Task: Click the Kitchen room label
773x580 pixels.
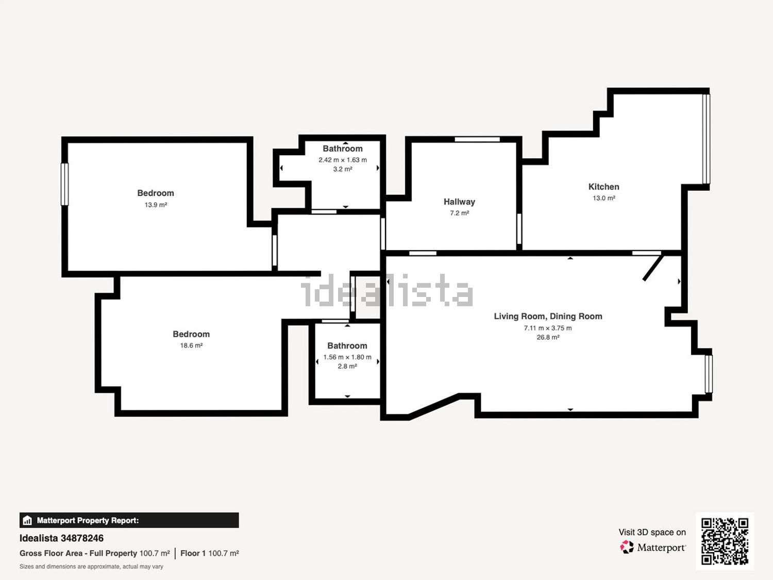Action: pos(603,187)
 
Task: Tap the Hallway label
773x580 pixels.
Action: pos(459,202)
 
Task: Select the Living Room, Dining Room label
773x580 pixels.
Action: pos(548,316)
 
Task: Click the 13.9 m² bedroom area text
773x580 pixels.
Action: pos(156,205)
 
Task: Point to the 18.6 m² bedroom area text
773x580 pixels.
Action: pos(191,345)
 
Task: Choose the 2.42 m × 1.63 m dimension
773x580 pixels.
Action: pos(343,160)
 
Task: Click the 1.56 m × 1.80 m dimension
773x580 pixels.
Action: pos(347,357)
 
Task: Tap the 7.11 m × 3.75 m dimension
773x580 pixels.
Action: pos(548,328)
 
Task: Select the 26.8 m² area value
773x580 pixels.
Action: pos(548,337)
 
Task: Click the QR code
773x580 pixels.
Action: pos(725,541)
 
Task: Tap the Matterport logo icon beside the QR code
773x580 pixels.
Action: pos(627,547)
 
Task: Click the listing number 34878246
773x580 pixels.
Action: pos(82,538)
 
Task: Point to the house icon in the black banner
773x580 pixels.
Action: pos(27,520)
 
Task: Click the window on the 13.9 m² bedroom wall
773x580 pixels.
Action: pos(64,184)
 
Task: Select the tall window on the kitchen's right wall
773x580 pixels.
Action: pos(706,139)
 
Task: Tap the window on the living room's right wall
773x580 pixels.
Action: pos(709,374)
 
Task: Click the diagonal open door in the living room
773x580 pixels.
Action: pos(653,268)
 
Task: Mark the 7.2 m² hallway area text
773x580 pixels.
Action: pos(459,213)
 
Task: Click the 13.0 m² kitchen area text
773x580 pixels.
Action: pos(603,198)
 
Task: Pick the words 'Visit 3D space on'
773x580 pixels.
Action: pos(652,532)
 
